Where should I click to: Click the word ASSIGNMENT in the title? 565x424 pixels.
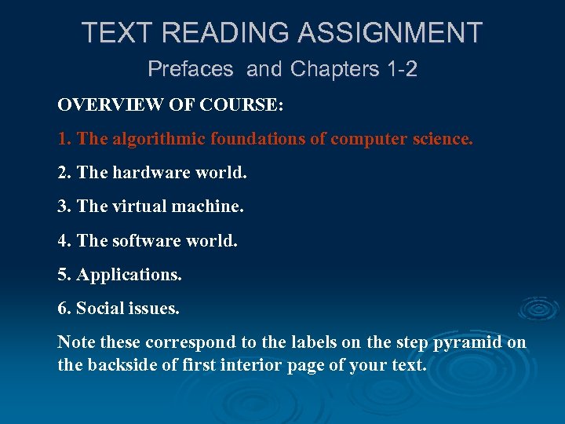pos(391,33)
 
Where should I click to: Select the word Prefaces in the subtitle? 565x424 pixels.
pos(191,69)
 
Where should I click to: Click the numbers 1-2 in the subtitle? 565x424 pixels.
pos(402,69)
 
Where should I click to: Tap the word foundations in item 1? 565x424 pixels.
pos(256,139)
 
